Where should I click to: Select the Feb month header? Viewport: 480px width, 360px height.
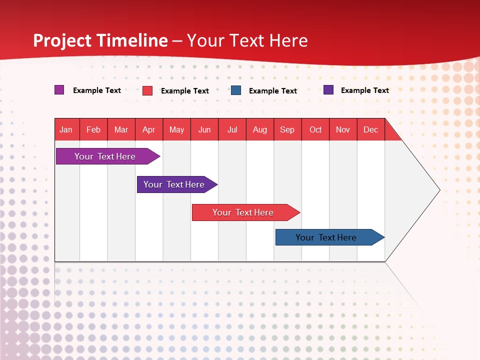pos(93,129)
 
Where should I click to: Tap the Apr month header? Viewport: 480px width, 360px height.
pos(149,129)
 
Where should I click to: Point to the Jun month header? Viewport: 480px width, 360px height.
pos(204,129)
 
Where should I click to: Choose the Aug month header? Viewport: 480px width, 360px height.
pos(260,129)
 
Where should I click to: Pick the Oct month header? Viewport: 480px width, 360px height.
pos(315,129)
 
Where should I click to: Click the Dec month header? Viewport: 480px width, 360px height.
pos(370,129)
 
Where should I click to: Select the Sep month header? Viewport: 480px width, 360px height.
pos(287,129)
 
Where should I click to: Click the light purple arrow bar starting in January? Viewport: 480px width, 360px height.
pos(108,156)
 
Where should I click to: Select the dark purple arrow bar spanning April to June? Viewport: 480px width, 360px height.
pos(177,184)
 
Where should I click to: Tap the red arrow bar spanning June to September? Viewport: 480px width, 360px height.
pos(246,212)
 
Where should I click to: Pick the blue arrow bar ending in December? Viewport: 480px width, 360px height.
pos(330,237)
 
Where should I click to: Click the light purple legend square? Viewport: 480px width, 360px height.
pos(59,89)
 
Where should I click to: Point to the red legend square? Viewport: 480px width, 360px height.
pos(147,90)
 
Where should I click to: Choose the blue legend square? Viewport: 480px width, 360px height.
pos(235,90)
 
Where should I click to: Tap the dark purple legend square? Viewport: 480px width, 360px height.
pos(328,89)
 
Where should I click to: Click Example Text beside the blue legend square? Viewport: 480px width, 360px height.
pos(273,91)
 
